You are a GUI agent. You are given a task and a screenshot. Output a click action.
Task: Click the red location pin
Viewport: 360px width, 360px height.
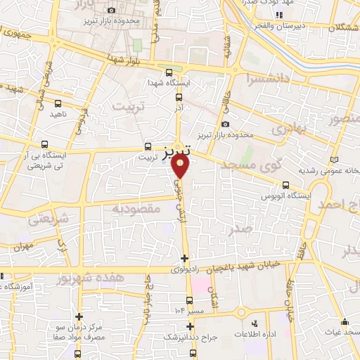coord(181,166)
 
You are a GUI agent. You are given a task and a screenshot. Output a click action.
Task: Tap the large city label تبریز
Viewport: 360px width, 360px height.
coord(175,151)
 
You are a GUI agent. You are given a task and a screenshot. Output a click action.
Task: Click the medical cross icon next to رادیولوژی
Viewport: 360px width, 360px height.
coord(184,258)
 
